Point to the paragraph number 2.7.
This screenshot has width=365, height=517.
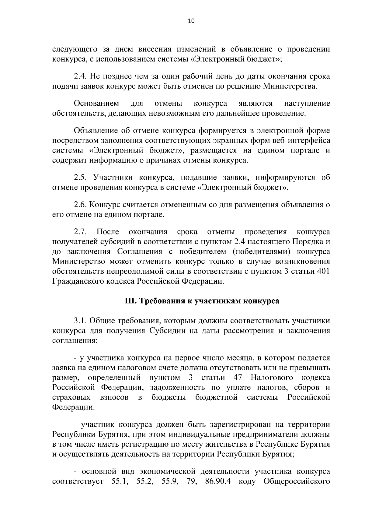click(80, 232)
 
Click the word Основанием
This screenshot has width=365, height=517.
click(97, 104)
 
